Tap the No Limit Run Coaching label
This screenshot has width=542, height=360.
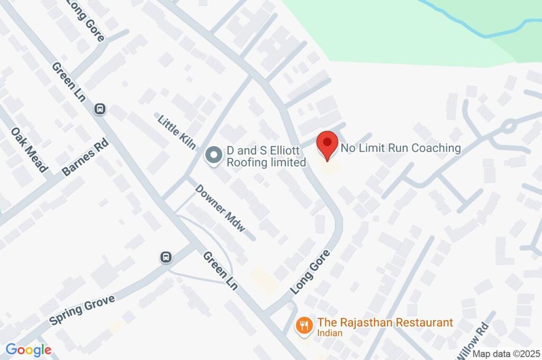[401, 148]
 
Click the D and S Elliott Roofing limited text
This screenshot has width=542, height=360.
[266, 157]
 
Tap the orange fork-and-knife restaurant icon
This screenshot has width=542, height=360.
[304, 325]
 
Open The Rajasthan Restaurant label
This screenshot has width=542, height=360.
[385, 322]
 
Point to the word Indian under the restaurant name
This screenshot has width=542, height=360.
[330, 334]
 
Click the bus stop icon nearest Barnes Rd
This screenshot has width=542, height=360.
[100, 109]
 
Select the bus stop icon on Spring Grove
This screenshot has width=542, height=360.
[166, 257]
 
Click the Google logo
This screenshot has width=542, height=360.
[29, 350]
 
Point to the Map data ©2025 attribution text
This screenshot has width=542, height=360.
[506, 354]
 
